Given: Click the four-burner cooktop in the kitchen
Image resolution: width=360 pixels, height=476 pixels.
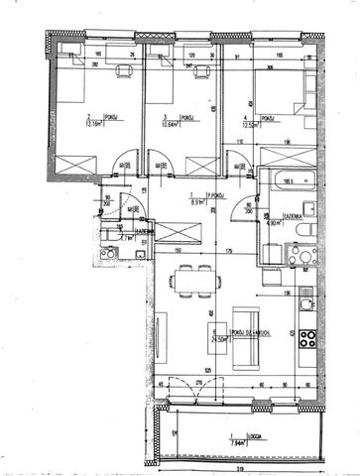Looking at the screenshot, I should tap(307, 358).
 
